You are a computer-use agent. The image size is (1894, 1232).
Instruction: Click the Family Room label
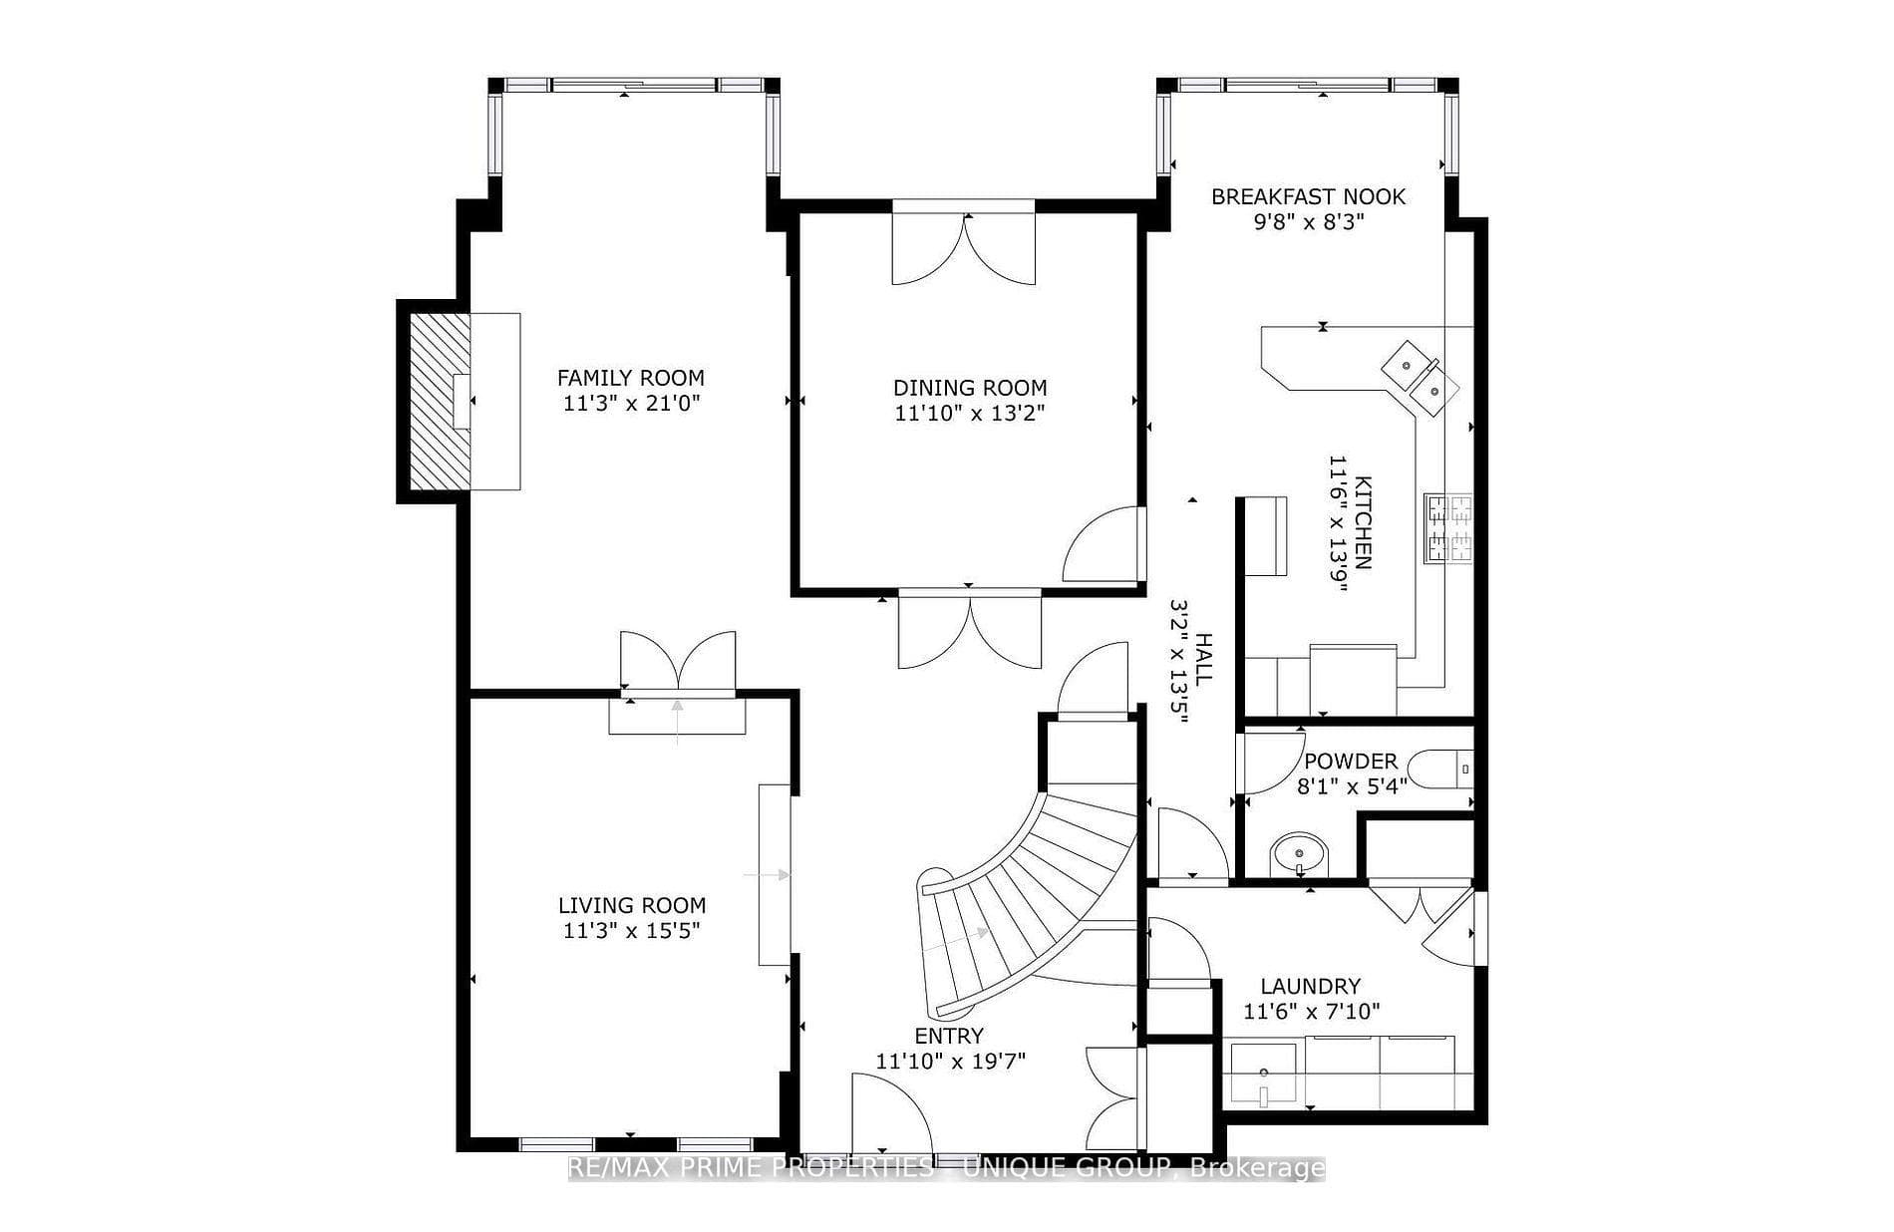click(x=630, y=378)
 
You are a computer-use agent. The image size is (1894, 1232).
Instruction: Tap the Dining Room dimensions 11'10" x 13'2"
click(x=970, y=413)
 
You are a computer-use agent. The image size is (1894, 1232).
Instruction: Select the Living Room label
click(x=631, y=905)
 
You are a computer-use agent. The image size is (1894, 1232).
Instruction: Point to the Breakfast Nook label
click(x=1308, y=196)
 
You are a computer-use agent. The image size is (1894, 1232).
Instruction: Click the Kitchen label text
click(x=1363, y=522)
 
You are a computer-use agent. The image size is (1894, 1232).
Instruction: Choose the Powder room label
click(x=1351, y=762)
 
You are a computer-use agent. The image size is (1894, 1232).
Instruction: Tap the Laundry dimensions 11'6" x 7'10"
click(x=1312, y=1012)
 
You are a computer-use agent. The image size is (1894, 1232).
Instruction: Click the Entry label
click(x=949, y=1036)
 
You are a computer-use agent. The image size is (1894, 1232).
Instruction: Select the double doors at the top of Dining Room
click(x=964, y=249)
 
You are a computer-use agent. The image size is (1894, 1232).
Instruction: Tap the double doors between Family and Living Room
click(x=678, y=660)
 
